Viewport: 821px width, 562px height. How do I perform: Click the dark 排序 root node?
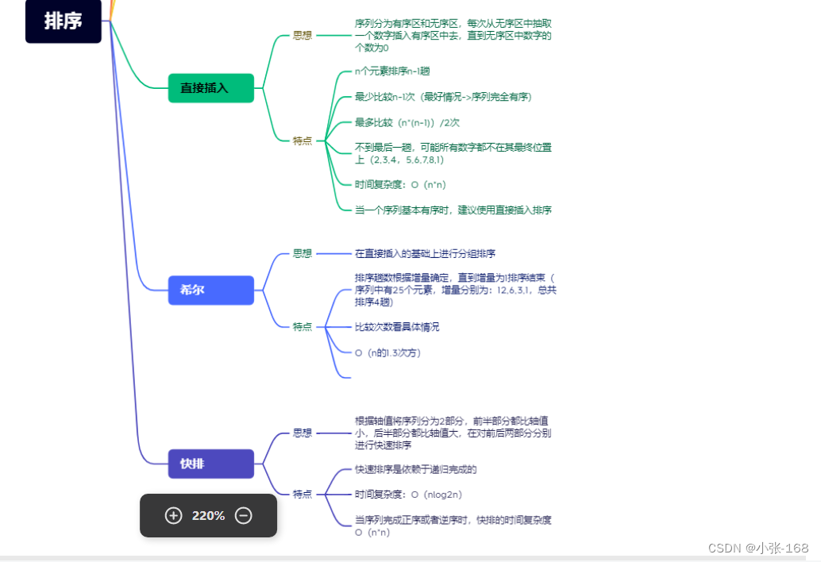point(64,21)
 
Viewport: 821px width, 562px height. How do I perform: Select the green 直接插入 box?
point(210,88)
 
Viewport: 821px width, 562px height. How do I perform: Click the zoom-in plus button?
point(173,515)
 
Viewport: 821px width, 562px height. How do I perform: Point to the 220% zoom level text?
point(208,516)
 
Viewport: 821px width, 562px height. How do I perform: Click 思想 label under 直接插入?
point(302,36)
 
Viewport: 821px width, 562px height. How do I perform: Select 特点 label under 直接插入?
point(302,140)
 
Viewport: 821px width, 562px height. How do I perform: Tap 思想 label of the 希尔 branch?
point(302,253)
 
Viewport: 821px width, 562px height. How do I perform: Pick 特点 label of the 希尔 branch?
point(302,326)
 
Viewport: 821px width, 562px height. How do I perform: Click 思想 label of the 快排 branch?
point(302,433)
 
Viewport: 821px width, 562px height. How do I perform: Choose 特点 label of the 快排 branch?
point(302,494)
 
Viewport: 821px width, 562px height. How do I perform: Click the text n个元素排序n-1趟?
point(392,71)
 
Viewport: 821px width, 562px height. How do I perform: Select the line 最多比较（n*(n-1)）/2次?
point(407,122)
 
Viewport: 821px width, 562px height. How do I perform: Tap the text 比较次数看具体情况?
point(397,327)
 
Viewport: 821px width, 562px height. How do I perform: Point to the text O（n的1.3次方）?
point(387,352)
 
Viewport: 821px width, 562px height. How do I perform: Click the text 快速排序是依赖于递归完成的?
point(415,469)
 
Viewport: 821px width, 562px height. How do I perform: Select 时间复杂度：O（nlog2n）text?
point(408,495)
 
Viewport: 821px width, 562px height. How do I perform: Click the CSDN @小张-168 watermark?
point(758,548)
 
